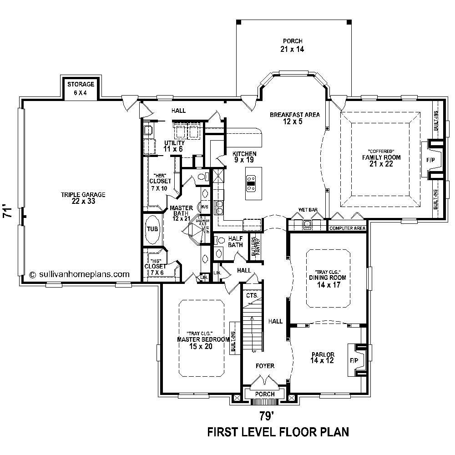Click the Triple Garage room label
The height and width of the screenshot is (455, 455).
(x=83, y=198)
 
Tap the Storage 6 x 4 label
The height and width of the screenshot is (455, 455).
(x=81, y=88)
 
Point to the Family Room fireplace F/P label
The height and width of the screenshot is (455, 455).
(x=430, y=160)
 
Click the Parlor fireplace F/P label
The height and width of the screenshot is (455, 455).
(x=354, y=360)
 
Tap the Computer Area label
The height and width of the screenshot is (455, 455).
(x=347, y=227)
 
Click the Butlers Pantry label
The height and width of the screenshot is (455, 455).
(x=254, y=248)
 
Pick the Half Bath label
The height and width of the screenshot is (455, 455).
(x=235, y=242)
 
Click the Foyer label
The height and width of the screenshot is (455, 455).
(x=264, y=365)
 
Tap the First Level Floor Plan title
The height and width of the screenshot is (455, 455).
(x=278, y=431)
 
